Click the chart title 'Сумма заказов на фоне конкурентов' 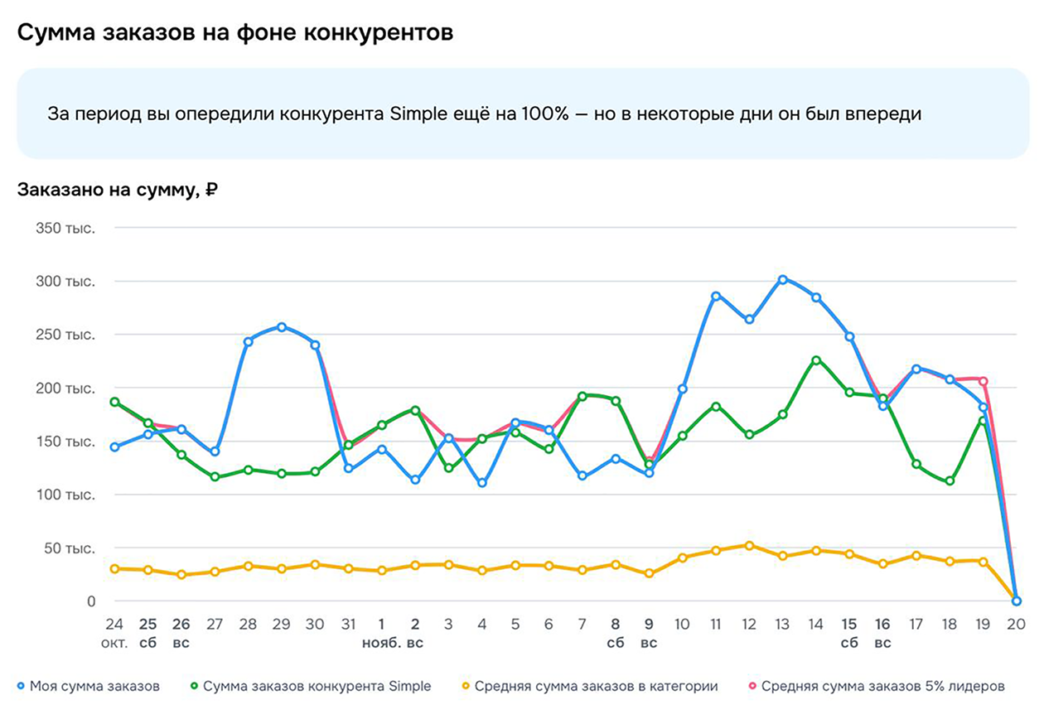click(x=235, y=33)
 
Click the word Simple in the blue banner click(x=415, y=114)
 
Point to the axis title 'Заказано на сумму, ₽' click(x=117, y=190)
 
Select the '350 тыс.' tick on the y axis click(x=65, y=228)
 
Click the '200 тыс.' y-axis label click(x=65, y=388)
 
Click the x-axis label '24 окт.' click(x=114, y=634)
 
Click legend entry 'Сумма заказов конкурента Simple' click(x=317, y=686)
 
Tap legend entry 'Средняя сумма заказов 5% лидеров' click(x=882, y=686)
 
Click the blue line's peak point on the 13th click(x=782, y=280)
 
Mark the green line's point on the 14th click(x=816, y=360)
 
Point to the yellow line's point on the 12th click(x=749, y=546)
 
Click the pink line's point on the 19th click(x=984, y=381)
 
